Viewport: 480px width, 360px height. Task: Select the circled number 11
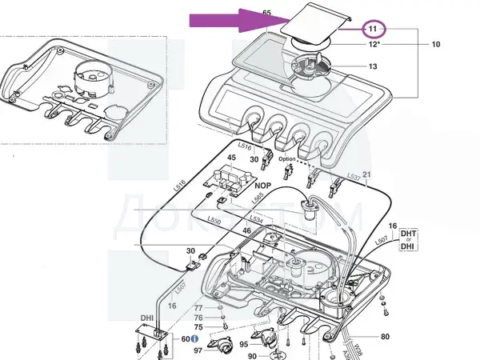(x=372, y=29)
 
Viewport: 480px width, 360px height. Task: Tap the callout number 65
(x=266, y=14)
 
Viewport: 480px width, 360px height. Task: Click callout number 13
(x=372, y=66)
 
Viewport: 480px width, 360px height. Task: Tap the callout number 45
(x=231, y=158)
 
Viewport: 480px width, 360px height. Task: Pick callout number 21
(x=367, y=174)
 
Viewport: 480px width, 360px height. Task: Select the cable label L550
(x=214, y=220)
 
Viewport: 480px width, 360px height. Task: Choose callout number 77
(x=198, y=308)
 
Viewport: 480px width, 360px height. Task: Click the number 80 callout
(x=385, y=336)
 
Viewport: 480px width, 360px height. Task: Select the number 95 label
(x=243, y=345)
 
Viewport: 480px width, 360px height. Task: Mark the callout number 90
(x=251, y=356)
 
